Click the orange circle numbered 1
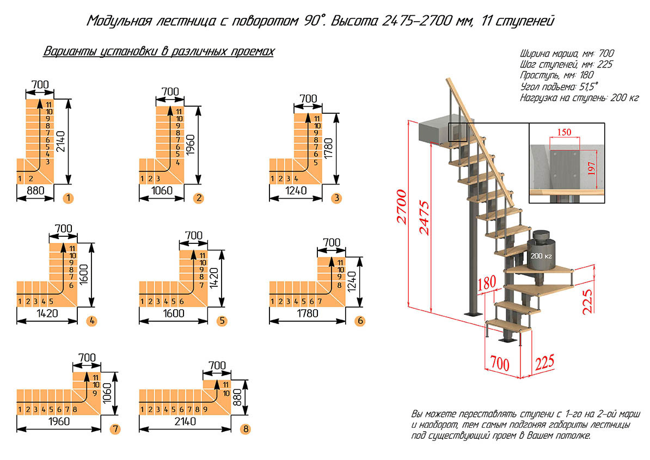[68, 198]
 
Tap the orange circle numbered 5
[222, 321]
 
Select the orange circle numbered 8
[246, 430]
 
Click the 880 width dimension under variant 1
[35, 191]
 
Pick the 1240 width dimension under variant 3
[295, 191]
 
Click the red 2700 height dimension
[401, 207]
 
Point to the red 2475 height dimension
[425, 218]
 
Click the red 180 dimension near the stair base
[488, 284]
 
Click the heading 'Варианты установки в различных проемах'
[158, 52]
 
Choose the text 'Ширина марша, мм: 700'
[567, 53]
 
